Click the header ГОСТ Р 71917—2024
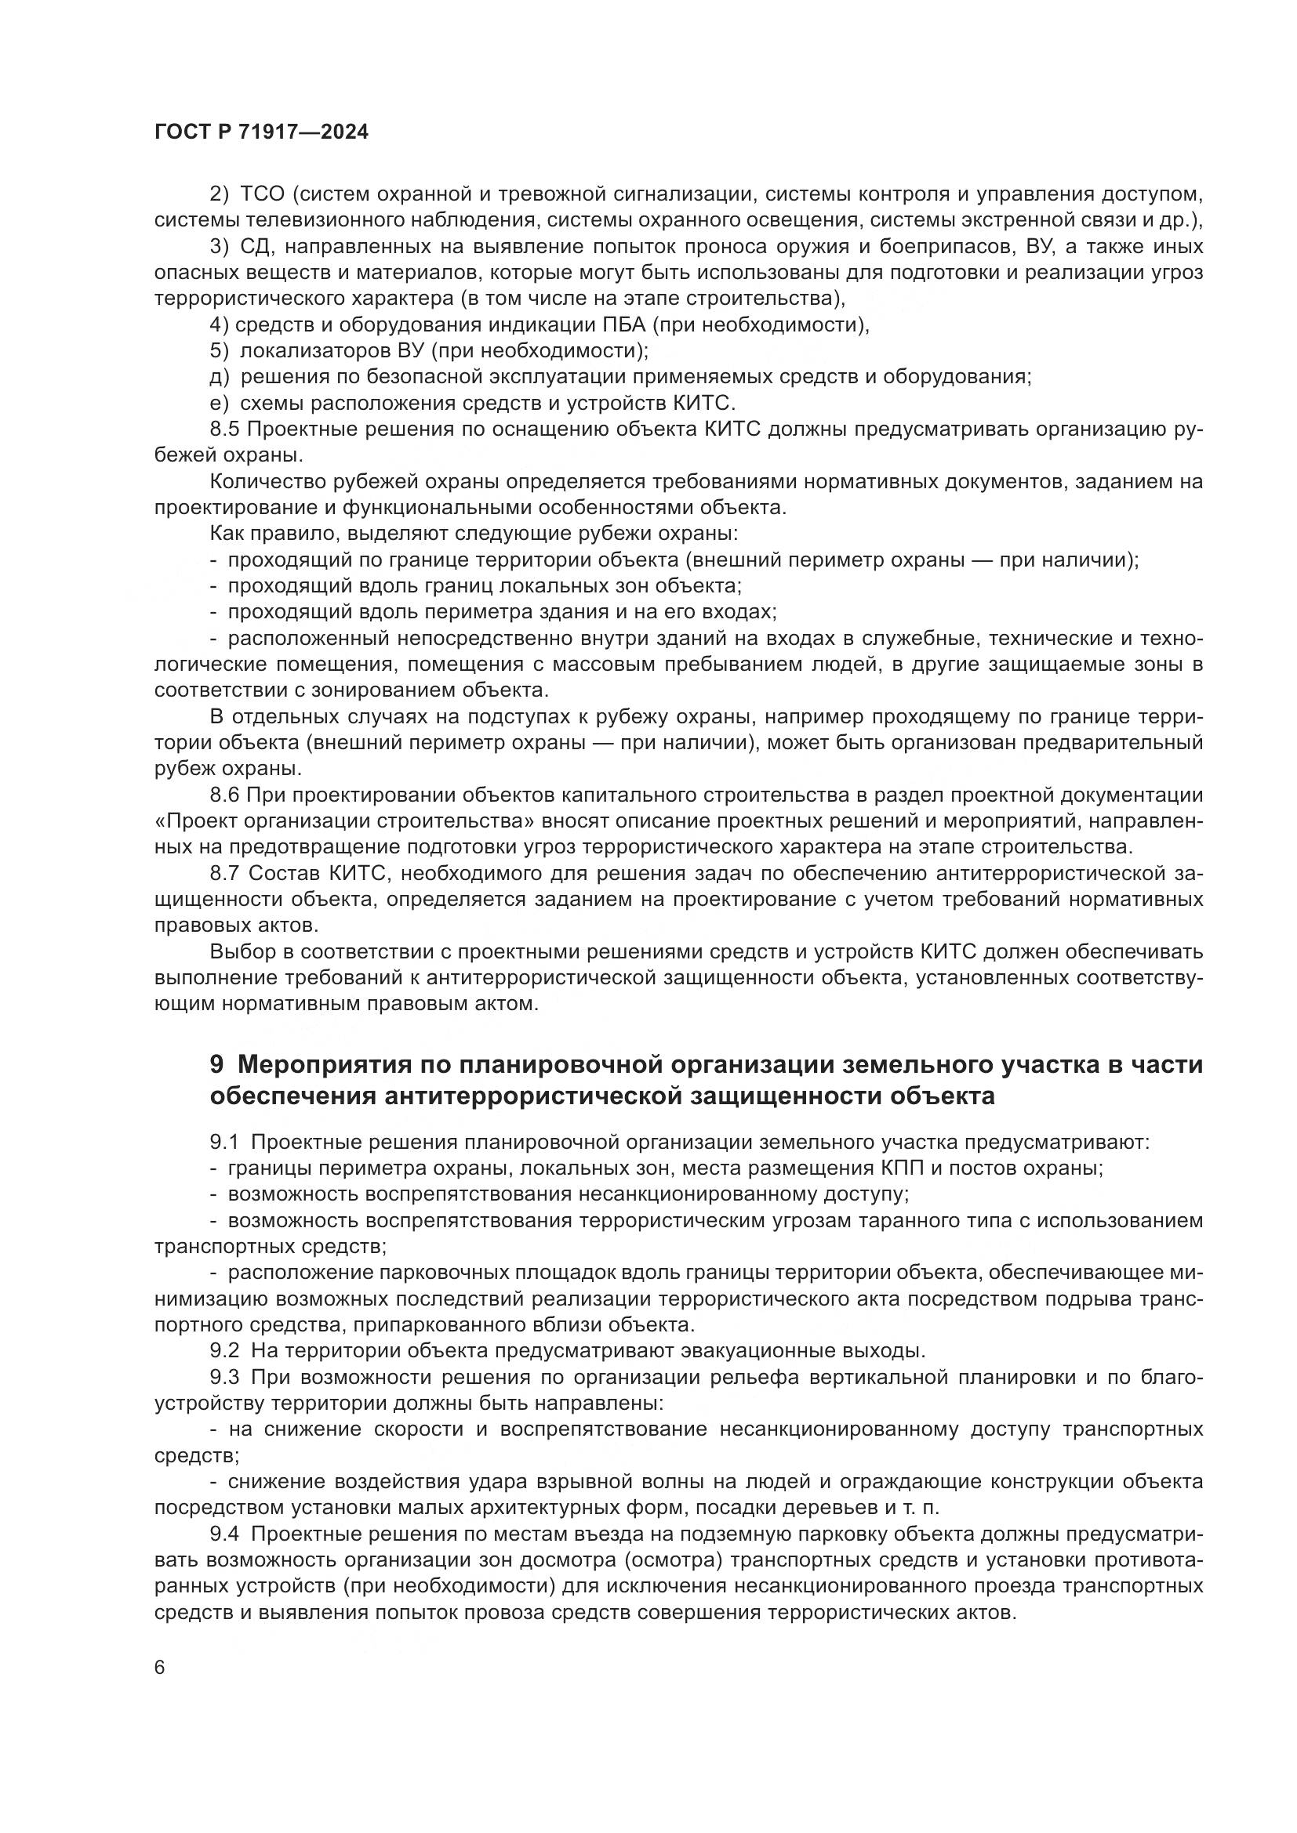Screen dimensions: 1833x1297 coord(261,132)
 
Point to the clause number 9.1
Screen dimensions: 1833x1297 coord(224,1143)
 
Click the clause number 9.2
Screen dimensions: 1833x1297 coord(224,1352)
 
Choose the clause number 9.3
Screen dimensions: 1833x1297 coord(224,1378)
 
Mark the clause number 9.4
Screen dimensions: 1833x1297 coord(224,1534)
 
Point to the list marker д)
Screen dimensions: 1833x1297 coord(220,378)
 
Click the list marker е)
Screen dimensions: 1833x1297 coord(220,403)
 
